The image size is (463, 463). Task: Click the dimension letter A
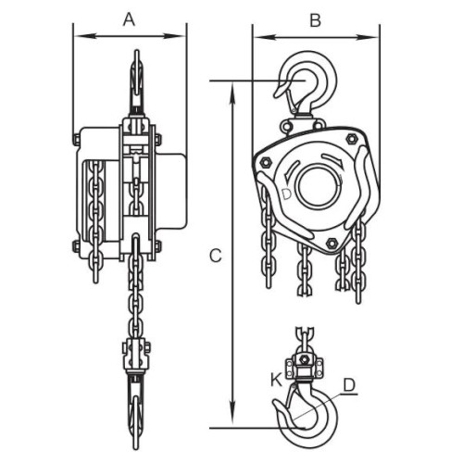click(130, 20)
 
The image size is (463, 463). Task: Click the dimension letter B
click(315, 21)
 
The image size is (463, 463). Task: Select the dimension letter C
click(216, 256)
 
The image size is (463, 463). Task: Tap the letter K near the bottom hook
click(277, 380)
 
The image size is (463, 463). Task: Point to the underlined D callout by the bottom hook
click(350, 385)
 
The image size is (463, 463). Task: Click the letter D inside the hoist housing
click(287, 194)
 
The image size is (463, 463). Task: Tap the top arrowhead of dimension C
click(233, 94)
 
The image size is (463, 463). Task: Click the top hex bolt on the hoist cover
click(351, 139)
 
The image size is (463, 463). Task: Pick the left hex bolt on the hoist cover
click(266, 162)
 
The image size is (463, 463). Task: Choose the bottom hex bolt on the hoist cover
click(332, 244)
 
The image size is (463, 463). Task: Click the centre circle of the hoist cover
click(319, 187)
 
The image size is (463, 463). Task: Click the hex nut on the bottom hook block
click(305, 359)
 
